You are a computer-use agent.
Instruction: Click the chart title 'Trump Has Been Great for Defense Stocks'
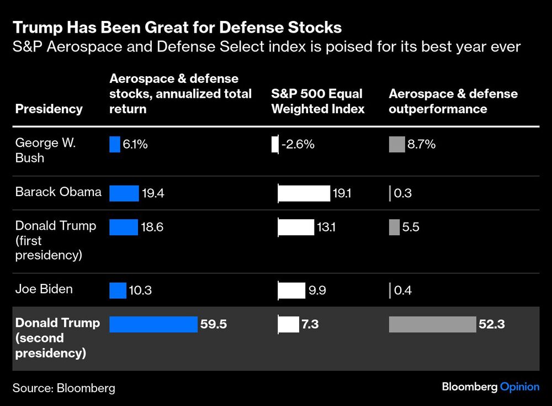177,27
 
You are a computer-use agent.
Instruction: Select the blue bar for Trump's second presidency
153,324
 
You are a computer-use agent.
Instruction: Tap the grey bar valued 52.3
432,324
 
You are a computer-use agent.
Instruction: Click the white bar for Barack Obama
304,193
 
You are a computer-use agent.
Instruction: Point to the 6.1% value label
135,145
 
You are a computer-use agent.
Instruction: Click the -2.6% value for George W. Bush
298,145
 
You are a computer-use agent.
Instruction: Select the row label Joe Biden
44,289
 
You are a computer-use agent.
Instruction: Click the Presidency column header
49,109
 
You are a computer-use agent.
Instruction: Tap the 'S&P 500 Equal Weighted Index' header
318,101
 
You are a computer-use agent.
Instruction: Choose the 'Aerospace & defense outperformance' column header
453,101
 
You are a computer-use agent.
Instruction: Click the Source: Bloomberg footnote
64,388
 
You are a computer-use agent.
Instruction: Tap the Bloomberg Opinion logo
490,387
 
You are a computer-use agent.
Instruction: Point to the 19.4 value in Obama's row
153,193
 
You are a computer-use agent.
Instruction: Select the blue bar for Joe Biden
118,291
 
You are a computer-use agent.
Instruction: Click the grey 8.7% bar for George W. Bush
396,145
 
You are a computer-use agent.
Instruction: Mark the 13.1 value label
326,227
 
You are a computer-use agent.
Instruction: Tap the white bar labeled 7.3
288,324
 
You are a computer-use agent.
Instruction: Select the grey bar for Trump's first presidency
394,227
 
